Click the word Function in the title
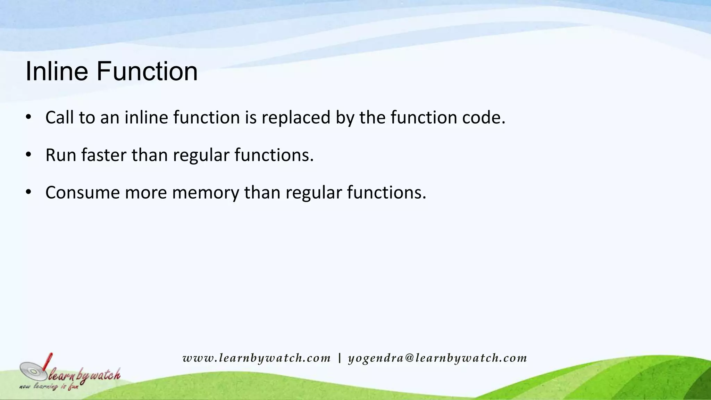click(x=147, y=71)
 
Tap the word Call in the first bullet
click(x=59, y=117)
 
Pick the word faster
click(x=104, y=155)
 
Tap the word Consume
click(x=82, y=192)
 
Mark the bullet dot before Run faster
click(x=28, y=155)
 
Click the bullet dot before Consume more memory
click(x=28, y=192)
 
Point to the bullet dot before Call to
click(x=28, y=117)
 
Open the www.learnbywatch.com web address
click(x=257, y=358)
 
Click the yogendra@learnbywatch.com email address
click(x=437, y=358)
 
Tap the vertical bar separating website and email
click(x=339, y=358)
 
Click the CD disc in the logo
click(x=33, y=371)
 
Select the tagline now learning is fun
click(x=49, y=386)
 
